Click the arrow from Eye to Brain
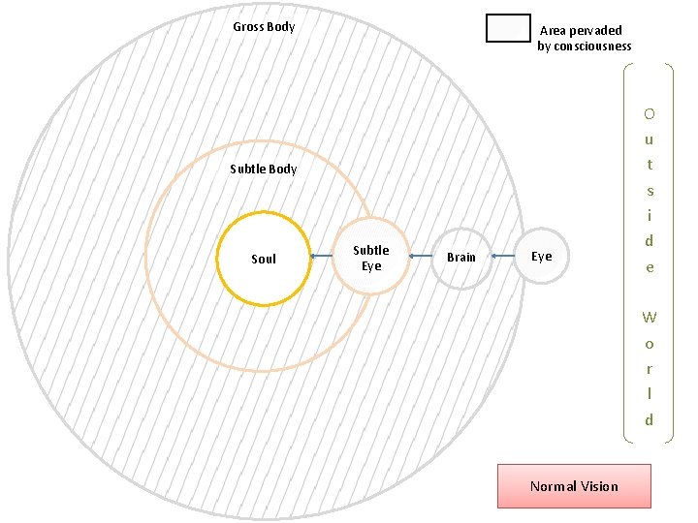coord(503,256)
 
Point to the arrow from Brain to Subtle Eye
coord(420,256)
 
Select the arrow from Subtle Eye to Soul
coord(321,257)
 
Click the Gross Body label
coord(264,26)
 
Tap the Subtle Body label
coord(264,169)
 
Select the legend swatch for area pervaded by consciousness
coord(508,29)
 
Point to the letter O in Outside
coord(649,113)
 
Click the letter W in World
coord(649,317)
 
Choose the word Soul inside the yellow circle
coord(264,259)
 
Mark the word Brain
coord(461,257)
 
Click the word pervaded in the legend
coord(595,31)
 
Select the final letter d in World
coord(649,419)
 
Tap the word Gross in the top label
coord(248,26)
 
